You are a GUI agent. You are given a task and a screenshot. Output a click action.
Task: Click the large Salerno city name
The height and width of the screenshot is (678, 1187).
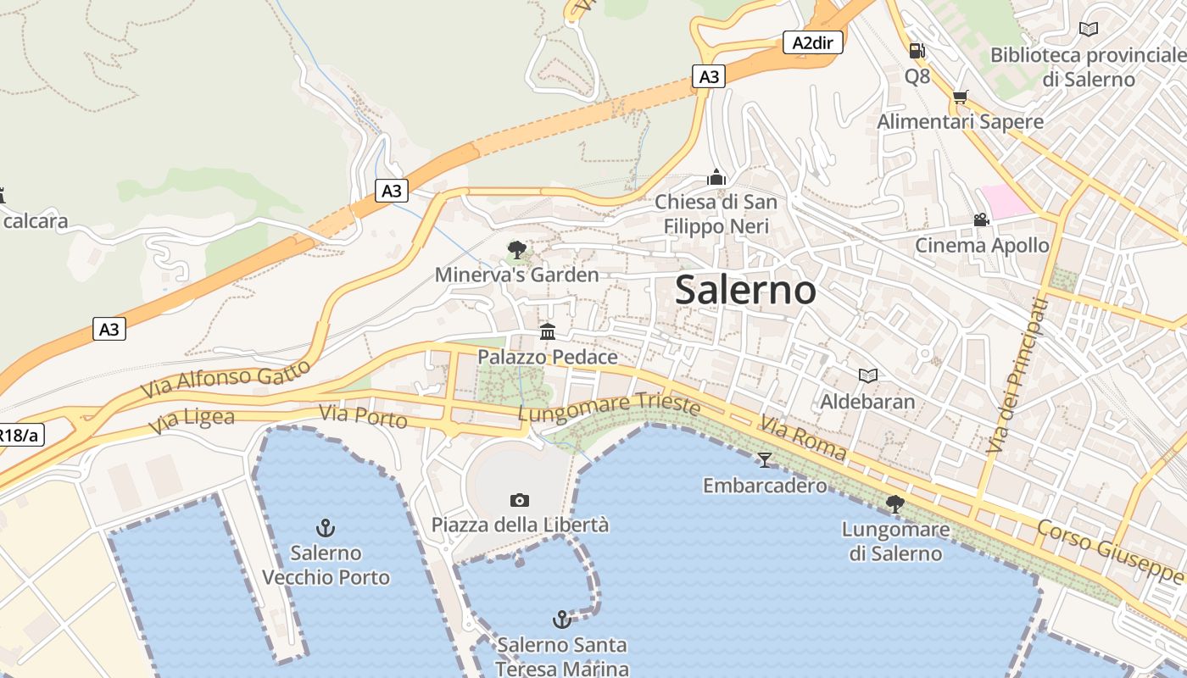tap(746, 290)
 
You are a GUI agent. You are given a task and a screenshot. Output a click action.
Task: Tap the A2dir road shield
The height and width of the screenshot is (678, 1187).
tap(812, 42)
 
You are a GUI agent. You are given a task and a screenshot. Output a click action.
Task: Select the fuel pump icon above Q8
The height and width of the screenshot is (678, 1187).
tap(917, 51)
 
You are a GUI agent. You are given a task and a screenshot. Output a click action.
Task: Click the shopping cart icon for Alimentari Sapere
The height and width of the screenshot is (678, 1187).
tap(960, 97)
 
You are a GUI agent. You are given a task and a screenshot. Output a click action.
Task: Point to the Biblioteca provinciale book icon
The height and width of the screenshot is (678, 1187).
tap(1089, 30)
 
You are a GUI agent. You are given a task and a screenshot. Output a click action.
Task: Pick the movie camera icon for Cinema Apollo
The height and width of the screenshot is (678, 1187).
tap(981, 220)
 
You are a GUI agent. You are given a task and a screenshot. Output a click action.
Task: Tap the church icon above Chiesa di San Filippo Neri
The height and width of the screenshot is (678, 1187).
tap(716, 178)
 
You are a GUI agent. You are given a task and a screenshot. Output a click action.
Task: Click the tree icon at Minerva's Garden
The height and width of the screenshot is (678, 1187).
tap(516, 250)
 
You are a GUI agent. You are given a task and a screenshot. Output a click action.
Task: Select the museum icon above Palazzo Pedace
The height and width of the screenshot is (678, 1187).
tap(548, 331)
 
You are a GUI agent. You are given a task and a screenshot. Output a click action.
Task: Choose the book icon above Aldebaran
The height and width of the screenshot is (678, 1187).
tap(867, 375)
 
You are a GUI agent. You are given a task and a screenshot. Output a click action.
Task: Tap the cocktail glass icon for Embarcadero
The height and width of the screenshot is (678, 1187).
tap(765, 460)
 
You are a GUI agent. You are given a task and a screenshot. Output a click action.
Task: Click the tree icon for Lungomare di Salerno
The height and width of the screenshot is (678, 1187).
tap(894, 504)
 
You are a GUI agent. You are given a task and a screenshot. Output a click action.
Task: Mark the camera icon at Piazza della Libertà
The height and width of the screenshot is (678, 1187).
tap(520, 500)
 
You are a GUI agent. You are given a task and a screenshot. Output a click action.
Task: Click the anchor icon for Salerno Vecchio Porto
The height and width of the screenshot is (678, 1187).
tap(326, 529)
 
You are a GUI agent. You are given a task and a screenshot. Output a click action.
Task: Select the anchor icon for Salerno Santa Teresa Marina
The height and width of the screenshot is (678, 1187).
tap(561, 620)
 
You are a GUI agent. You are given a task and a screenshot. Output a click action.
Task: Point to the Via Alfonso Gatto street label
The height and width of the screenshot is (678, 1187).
tap(225, 379)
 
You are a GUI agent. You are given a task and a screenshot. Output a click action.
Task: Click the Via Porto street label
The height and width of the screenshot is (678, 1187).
tap(363, 416)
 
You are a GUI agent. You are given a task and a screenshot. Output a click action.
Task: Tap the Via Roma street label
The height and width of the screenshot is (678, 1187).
tap(802, 437)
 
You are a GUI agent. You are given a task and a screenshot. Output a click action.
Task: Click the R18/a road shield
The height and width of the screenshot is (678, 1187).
tap(19, 436)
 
